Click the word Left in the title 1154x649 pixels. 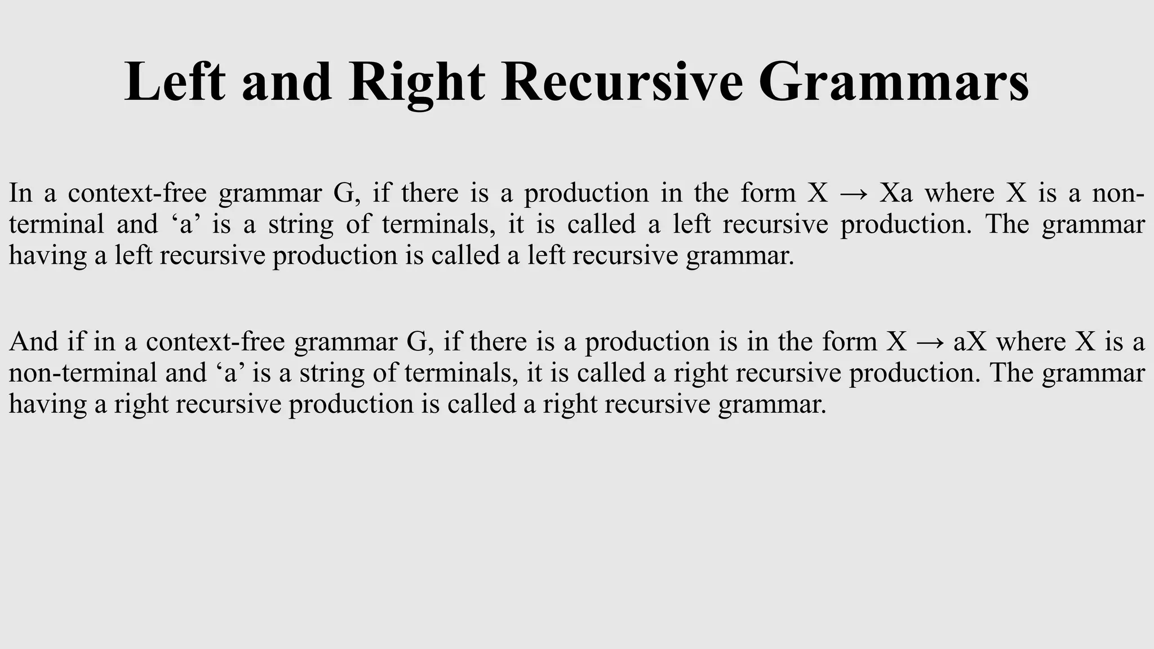175,82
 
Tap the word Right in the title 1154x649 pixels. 416,82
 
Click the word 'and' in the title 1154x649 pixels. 287,82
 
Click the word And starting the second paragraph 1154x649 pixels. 34,342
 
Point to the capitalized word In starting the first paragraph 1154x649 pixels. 21,193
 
